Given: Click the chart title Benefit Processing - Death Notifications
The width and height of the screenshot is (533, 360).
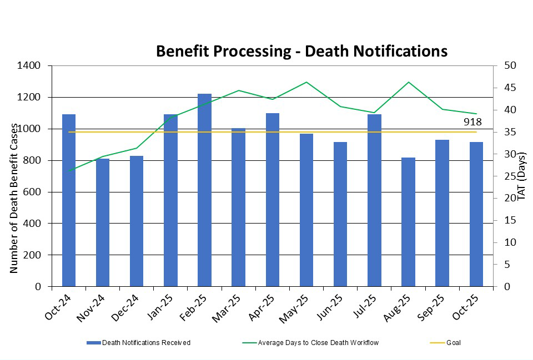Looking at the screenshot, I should pos(301,51).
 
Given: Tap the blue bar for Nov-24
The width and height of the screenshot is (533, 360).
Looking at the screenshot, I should pos(103,222).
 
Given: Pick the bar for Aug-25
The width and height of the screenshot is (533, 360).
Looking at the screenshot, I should pos(408,222).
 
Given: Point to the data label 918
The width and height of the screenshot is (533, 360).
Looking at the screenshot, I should pos(472,122).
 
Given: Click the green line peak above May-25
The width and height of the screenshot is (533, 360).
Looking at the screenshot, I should pos(306,82).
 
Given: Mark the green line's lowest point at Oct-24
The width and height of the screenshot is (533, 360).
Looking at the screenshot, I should pos(69,171).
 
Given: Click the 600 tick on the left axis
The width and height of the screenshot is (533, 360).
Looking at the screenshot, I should pos(34,192).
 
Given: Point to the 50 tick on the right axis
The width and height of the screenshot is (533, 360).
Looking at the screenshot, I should pos(511,65).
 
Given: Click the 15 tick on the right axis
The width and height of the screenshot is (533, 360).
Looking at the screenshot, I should pos(511,220).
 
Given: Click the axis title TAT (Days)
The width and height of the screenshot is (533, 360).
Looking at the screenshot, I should pos(521,176).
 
